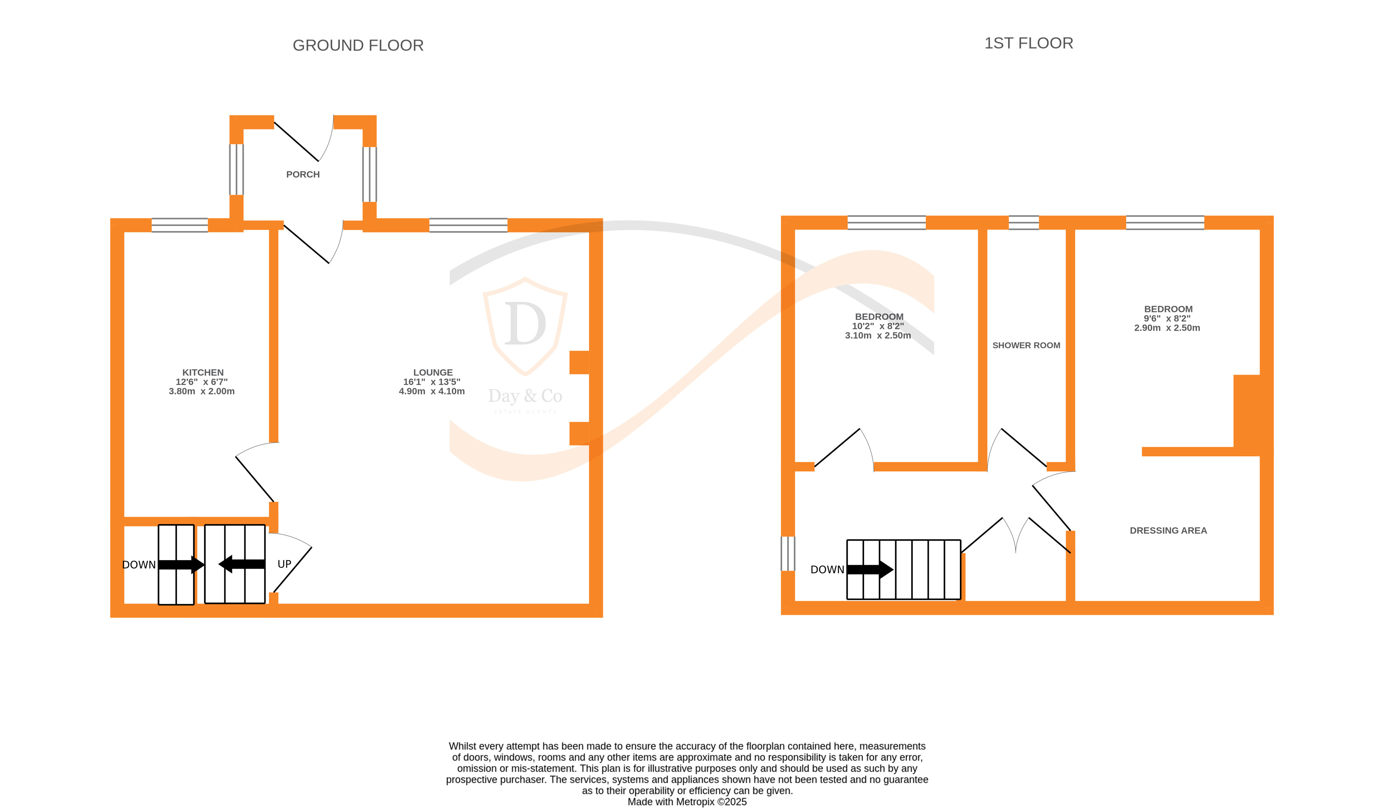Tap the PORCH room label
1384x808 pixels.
303,174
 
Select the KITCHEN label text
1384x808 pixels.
203,372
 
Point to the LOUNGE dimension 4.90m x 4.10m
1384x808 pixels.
432,391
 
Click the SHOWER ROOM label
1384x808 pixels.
1025,345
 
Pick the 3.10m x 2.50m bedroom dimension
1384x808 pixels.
877,335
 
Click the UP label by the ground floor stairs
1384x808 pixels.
284,564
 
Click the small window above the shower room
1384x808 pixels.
1023,223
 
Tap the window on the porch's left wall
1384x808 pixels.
236,169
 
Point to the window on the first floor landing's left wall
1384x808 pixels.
787,554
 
